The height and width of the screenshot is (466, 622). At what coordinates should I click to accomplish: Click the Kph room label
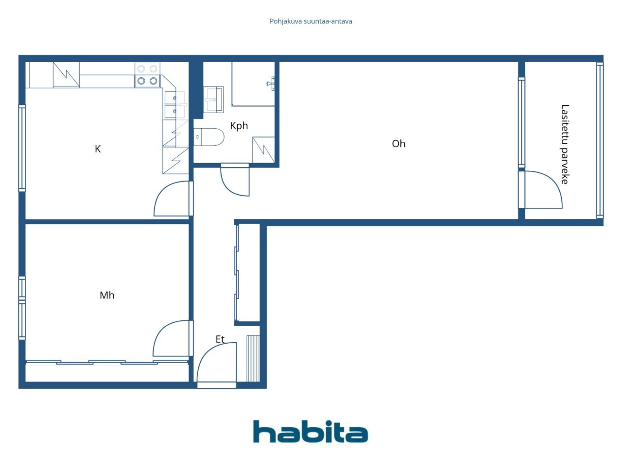(x=239, y=126)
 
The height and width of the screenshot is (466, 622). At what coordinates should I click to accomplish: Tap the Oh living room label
(x=398, y=144)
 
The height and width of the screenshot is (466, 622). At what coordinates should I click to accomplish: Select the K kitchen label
(x=98, y=149)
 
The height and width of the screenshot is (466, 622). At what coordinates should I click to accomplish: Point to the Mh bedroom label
(x=107, y=296)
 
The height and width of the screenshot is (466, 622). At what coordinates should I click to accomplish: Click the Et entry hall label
(x=220, y=339)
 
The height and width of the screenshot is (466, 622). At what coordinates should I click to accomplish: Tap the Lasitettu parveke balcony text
(x=565, y=144)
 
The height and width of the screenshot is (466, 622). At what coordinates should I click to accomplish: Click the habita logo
(x=311, y=432)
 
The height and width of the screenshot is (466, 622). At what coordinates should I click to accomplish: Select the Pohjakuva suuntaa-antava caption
(x=311, y=21)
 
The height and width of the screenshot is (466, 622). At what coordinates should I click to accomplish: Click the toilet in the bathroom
(x=209, y=137)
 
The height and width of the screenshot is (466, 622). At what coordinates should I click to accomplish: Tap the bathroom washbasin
(x=213, y=99)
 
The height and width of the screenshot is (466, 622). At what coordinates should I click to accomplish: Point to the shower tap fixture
(x=271, y=83)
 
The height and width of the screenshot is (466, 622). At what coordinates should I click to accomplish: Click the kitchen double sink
(x=175, y=104)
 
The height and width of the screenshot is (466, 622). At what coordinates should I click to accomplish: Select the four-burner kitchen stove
(x=147, y=75)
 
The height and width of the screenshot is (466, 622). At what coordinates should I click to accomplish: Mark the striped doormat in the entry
(x=253, y=359)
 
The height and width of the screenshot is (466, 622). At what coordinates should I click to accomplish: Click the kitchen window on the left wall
(x=22, y=148)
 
